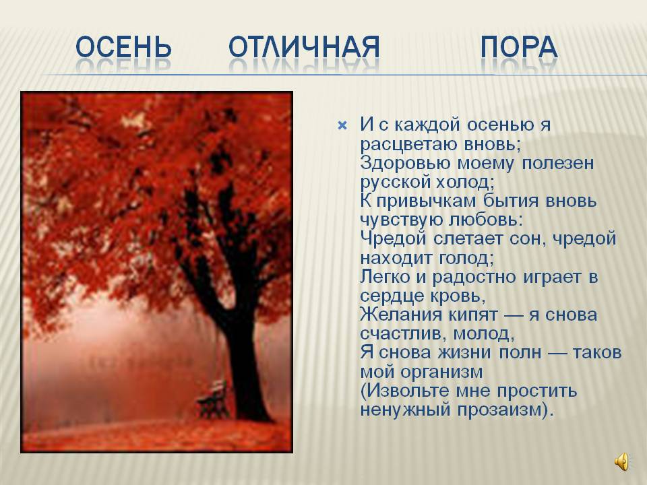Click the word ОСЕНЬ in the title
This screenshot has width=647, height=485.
pyautogui.click(x=123, y=46)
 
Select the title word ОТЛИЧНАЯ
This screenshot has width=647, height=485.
pyautogui.click(x=304, y=46)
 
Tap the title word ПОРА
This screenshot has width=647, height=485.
pyautogui.click(x=519, y=46)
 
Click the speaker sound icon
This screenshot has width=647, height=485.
pyautogui.click(x=622, y=461)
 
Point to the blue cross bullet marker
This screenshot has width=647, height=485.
pyautogui.click(x=342, y=125)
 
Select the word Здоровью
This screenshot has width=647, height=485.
pyautogui.click(x=405, y=164)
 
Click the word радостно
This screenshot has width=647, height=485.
pyautogui.click(x=474, y=277)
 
